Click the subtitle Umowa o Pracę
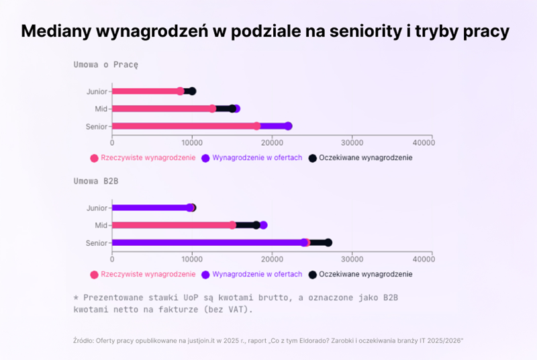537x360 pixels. coord(106,64)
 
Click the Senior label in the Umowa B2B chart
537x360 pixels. coord(97,242)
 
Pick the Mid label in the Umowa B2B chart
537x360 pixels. coord(102,226)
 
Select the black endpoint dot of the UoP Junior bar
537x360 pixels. coord(192,91)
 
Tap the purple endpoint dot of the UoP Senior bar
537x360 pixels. coord(288,126)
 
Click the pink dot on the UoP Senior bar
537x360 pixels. coord(256,126)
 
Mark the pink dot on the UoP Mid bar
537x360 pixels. coord(212,108)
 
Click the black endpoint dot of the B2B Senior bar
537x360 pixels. coord(328,242)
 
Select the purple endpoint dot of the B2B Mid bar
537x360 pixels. coord(263,225)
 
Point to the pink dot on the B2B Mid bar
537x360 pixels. coord(232,225)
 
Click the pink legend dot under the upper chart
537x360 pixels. coord(95,159)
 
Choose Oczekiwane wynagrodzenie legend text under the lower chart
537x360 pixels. coord(365,274)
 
